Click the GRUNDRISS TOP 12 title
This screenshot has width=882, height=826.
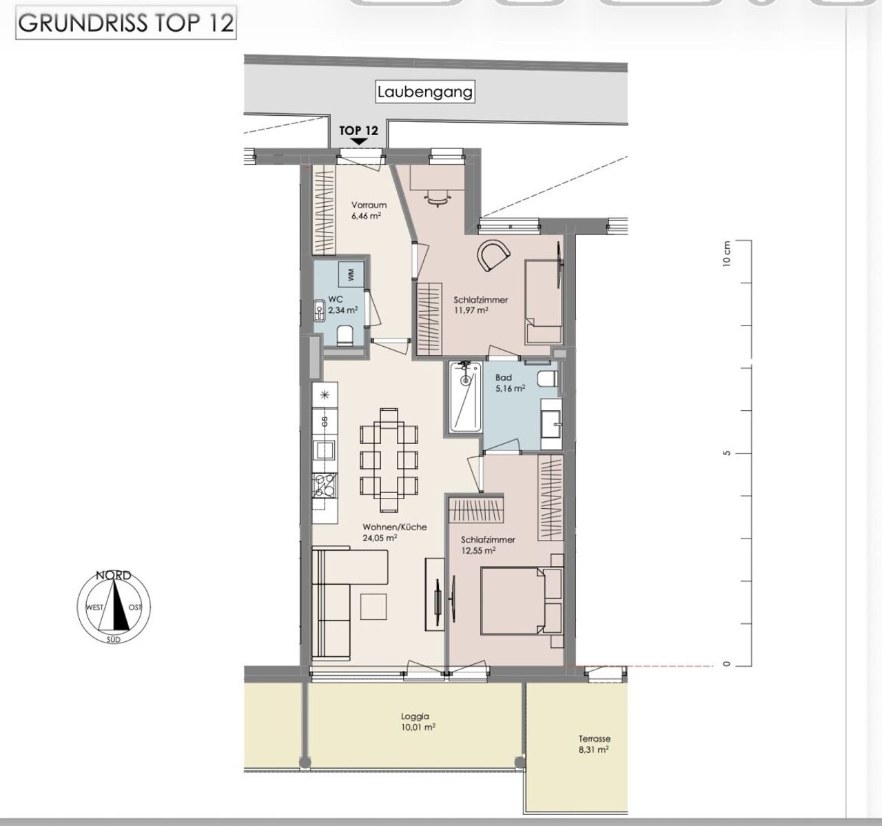tap(125, 23)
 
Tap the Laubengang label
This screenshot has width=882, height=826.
tap(425, 92)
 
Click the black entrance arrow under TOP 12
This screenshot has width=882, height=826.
tap(358, 142)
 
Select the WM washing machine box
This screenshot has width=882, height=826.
tap(351, 274)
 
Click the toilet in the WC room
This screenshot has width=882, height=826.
tap(345, 336)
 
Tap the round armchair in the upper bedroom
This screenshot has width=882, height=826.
tap(493, 255)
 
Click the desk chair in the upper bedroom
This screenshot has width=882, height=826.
tap(437, 198)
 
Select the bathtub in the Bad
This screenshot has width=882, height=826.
tap(465, 397)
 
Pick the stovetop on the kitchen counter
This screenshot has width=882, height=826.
tap(325, 485)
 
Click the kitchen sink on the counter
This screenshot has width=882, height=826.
tap(324, 450)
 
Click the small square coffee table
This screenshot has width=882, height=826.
tap(373, 606)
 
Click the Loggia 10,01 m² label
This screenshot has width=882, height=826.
tap(418, 721)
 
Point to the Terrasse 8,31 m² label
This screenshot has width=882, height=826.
tap(594, 744)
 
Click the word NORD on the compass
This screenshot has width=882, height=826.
tap(114, 575)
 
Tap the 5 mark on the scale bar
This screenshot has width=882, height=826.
tap(726, 454)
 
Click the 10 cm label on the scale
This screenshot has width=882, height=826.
tap(726, 254)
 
